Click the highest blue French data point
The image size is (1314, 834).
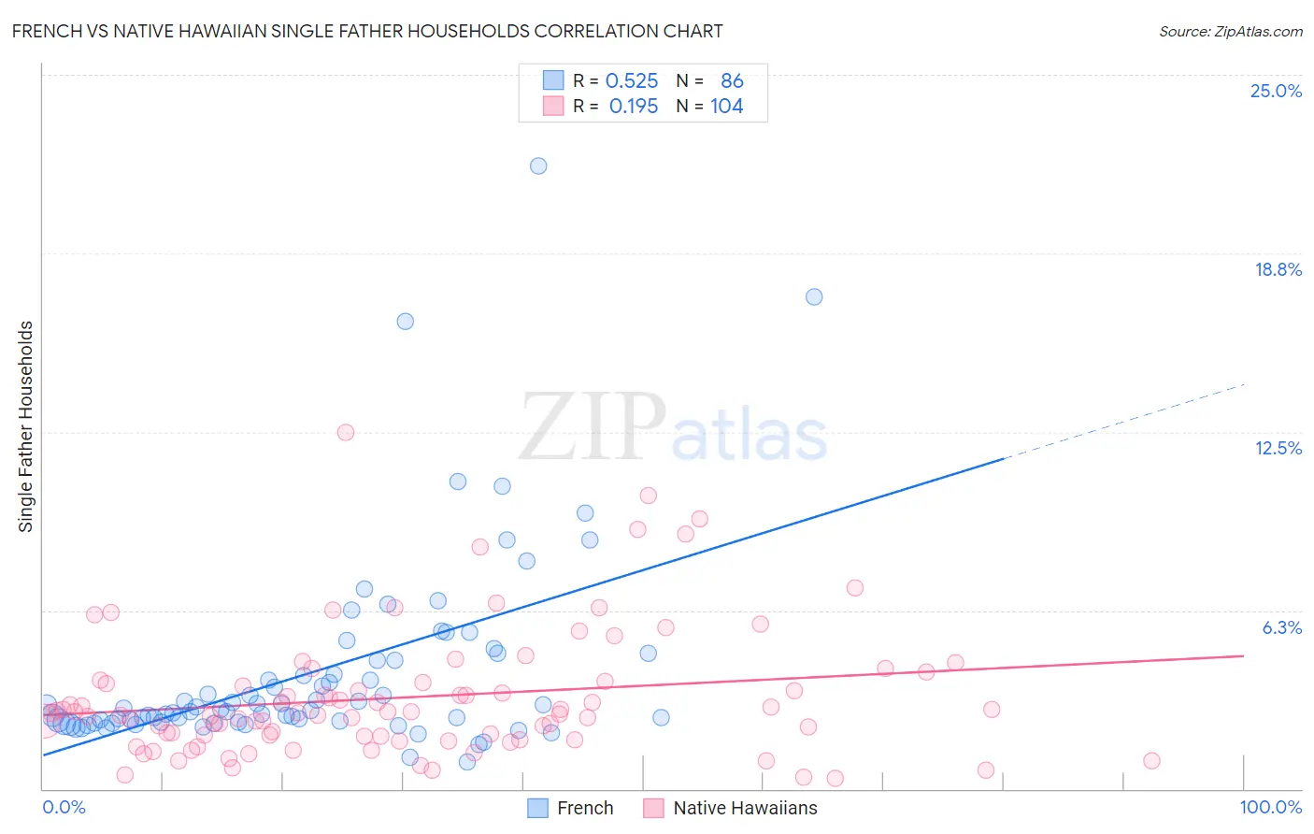tap(538, 166)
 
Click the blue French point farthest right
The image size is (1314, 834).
tap(814, 297)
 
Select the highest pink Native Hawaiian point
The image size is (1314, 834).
tap(346, 432)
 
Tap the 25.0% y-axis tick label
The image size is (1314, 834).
tap(1276, 91)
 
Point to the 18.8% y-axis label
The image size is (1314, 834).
tap(1278, 269)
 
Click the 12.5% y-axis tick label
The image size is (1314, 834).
tap(1278, 448)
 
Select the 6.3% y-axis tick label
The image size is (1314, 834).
tap(1281, 627)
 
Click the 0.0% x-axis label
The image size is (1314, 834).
tap(64, 808)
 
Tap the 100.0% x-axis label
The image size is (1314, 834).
tap(1270, 808)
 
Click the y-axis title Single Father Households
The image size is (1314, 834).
tap(26, 426)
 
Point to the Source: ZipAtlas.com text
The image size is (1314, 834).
tap(1230, 31)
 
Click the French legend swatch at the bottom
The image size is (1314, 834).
tap(537, 808)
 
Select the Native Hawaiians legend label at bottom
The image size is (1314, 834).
tap(745, 808)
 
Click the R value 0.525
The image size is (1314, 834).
tap(632, 81)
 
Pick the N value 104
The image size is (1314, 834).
tap(726, 107)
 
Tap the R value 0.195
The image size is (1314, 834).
tap(633, 107)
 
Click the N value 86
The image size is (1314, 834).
tap(732, 81)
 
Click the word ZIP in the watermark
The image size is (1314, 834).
tap(592, 428)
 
